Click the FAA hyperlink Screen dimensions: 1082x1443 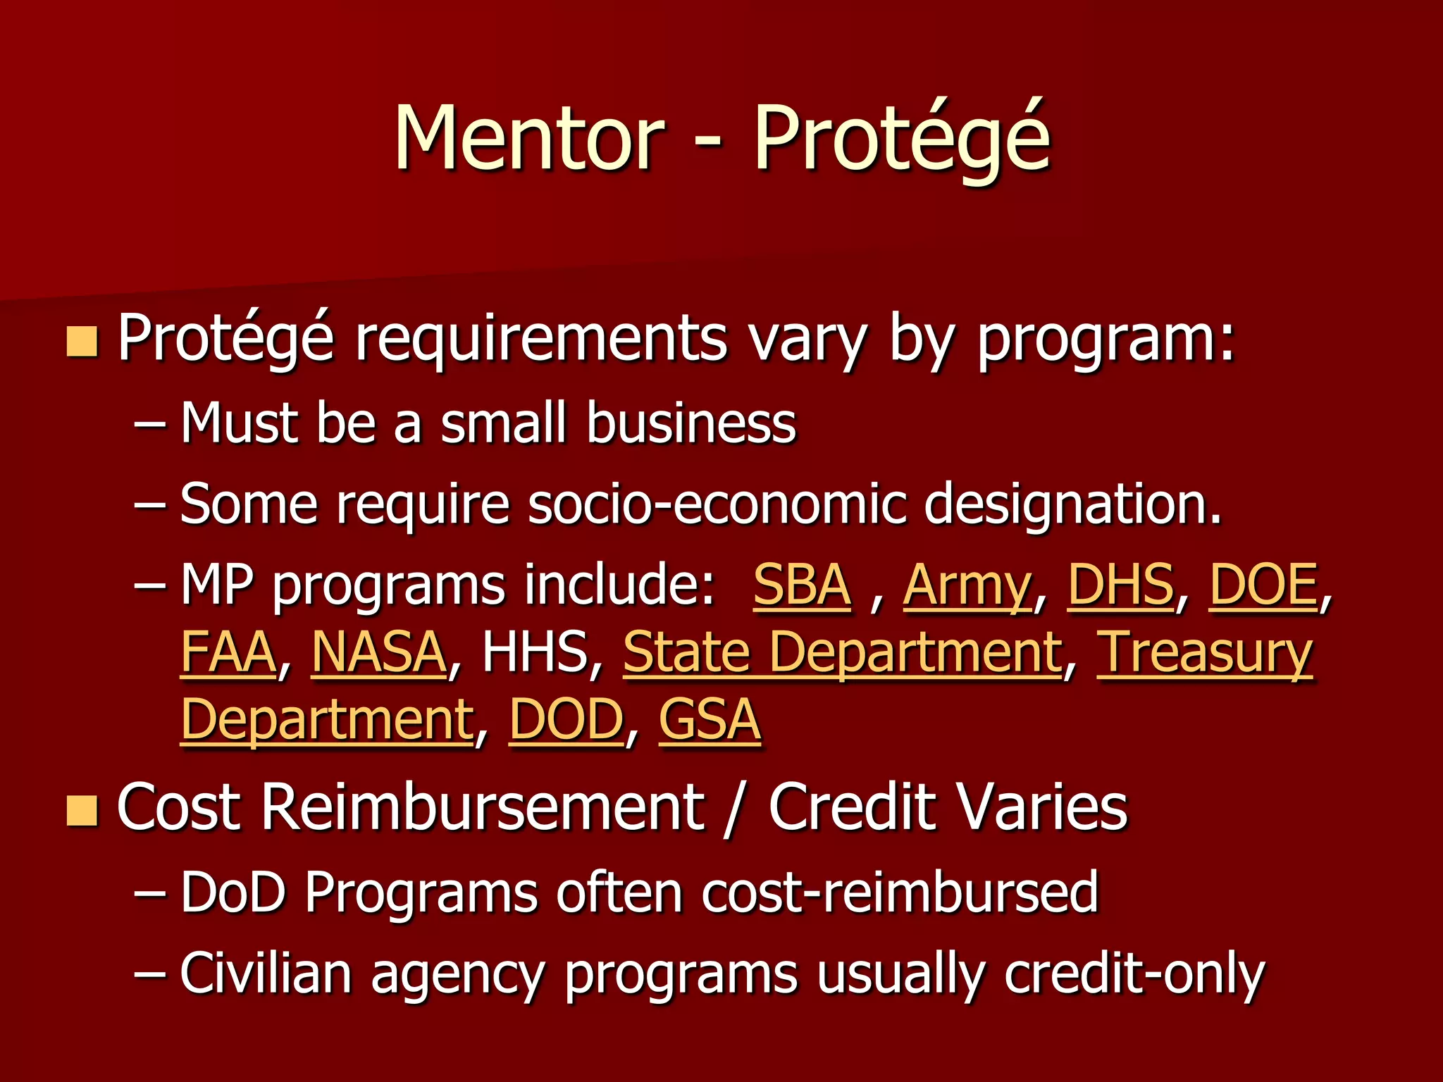pyautogui.click(x=228, y=652)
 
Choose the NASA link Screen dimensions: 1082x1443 pyautogui.click(x=379, y=652)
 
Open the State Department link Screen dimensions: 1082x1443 pyautogui.click(x=843, y=652)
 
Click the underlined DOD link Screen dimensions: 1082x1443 pyautogui.click(x=566, y=720)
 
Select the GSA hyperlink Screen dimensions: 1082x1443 pyautogui.click(x=710, y=720)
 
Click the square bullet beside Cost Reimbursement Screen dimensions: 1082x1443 pyautogui.click(x=82, y=809)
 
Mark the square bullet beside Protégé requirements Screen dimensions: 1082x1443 pyautogui.click(x=82, y=341)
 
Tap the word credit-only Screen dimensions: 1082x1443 pyautogui.click(x=1134, y=974)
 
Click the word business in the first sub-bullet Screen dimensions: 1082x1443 pyautogui.click(x=691, y=423)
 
